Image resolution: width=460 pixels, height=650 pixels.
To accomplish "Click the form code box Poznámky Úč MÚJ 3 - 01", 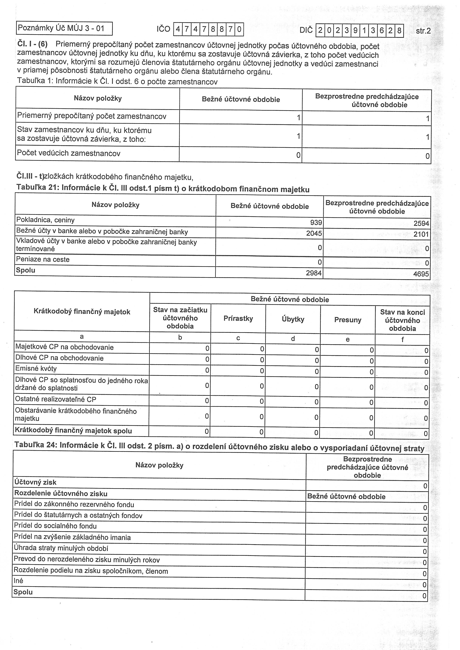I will click(64, 28).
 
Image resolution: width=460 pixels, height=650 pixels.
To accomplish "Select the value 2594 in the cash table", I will click(421, 223).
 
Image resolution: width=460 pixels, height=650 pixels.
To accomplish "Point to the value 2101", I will click(421, 234).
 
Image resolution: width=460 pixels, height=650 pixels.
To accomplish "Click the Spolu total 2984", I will click(314, 273).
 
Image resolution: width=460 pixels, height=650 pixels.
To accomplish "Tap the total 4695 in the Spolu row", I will click(421, 274).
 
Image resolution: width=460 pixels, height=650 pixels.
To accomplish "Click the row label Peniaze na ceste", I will click(43, 259).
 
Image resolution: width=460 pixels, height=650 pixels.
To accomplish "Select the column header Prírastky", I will click(238, 319).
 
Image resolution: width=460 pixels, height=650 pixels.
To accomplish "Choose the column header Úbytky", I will click(293, 319).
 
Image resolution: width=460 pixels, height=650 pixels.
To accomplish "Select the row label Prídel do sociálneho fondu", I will click(55, 526).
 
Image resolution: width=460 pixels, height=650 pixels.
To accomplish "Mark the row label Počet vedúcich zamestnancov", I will click(69, 153).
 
